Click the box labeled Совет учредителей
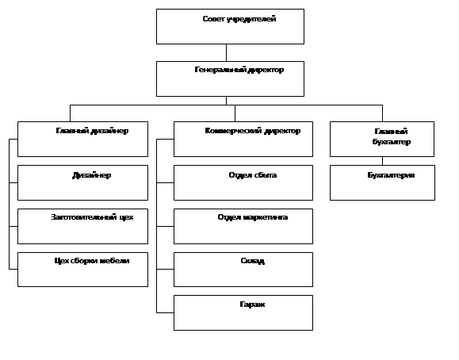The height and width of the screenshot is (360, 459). click(230, 27)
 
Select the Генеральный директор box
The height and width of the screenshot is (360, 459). click(230, 79)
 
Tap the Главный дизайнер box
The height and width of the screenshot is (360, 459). click(83, 139)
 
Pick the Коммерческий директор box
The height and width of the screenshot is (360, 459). click(243, 139)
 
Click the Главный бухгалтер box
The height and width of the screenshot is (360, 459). click(382, 139)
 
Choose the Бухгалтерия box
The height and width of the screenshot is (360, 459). click(382, 183)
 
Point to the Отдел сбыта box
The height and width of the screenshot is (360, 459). click(243, 183)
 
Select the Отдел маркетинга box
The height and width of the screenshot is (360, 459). click(243, 227)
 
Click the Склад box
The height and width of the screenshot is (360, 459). click(243, 270)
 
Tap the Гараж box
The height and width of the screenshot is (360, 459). click(243, 313)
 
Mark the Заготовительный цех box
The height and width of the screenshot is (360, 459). click(83, 227)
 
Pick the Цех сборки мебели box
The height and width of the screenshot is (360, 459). click(83, 270)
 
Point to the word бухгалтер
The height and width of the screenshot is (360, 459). click(392, 142)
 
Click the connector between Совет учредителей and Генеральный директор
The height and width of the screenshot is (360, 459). click(226, 52)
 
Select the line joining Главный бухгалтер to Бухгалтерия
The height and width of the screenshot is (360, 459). click(382, 161)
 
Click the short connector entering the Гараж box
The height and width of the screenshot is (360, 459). click(165, 313)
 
